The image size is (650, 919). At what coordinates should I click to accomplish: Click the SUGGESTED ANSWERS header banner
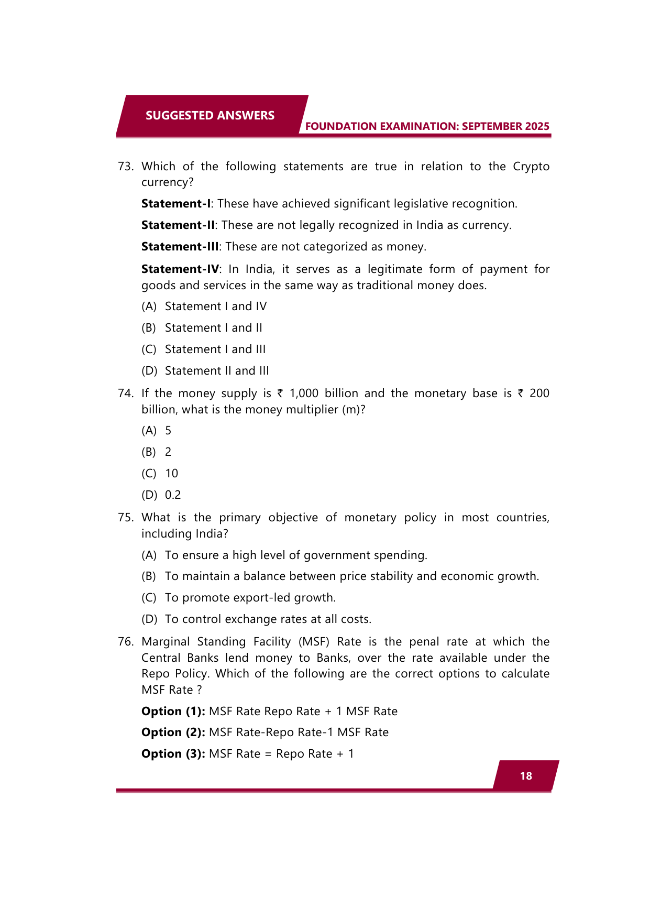click(210, 115)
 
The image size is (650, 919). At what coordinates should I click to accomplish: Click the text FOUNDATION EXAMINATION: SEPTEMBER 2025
click(427, 126)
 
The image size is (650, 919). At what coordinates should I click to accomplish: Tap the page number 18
click(526, 776)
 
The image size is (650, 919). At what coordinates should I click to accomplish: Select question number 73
click(125, 167)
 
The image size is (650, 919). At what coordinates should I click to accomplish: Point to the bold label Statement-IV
click(180, 269)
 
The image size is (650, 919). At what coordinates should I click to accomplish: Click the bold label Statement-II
click(178, 225)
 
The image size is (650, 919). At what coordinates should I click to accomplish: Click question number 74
click(125, 393)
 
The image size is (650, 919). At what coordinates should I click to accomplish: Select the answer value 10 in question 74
click(171, 474)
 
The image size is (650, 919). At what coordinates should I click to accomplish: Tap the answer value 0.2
click(173, 495)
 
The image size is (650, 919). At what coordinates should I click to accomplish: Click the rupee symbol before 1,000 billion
click(280, 393)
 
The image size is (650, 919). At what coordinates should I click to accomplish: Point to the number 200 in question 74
click(539, 393)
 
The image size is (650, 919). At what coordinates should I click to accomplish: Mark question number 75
click(125, 518)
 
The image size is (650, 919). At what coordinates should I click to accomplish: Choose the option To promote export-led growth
click(250, 598)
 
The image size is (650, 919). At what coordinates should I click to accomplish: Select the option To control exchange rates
click(268, 619)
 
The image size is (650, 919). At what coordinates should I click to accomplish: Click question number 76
click(125, 642)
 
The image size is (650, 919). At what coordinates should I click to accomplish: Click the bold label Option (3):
click(173, 754)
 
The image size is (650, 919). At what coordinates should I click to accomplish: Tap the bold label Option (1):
click(173, 712)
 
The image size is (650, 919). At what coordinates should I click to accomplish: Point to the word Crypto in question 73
click(531, 167)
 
